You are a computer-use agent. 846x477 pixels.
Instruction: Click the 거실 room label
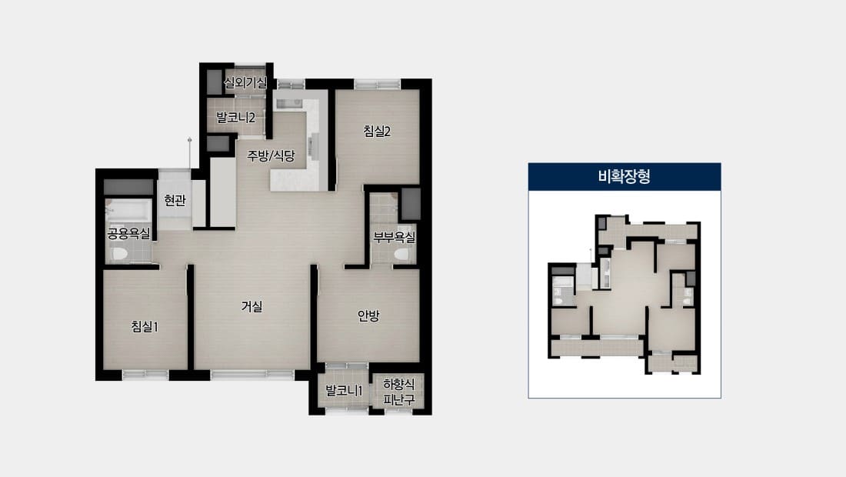coord(251,306)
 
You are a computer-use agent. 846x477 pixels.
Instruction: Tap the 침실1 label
coord(145,326)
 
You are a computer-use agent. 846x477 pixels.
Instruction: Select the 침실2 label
coord(377,131)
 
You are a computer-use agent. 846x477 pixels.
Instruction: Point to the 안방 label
coord(368,315)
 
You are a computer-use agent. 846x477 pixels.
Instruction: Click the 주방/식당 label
coord(271,156)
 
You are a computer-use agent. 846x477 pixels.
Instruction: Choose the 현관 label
coord(175,200)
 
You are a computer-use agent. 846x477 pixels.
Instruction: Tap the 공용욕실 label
coord(128,234)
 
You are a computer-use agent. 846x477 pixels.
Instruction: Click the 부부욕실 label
coord(395,237)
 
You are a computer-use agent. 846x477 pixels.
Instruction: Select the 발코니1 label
coord(344,390)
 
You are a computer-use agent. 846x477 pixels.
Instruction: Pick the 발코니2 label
coord(235,117)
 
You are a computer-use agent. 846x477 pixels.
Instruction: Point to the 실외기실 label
coord(245,82)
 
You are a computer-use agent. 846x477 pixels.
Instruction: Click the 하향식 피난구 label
coord(399,392)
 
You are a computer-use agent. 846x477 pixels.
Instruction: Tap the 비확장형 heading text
coord(625,176)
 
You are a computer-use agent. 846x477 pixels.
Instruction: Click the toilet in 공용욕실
coord(118,253)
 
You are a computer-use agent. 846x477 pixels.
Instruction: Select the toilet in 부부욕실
coord(402,254)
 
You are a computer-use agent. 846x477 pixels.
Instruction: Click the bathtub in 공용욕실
coord(128,211)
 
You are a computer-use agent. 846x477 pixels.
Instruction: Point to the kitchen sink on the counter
coord(290,103)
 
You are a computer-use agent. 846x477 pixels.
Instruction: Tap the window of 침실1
coord(145,375)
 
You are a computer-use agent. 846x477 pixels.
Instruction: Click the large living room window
coord(252,375)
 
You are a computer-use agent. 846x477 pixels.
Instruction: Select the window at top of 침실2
coord(378,84)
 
